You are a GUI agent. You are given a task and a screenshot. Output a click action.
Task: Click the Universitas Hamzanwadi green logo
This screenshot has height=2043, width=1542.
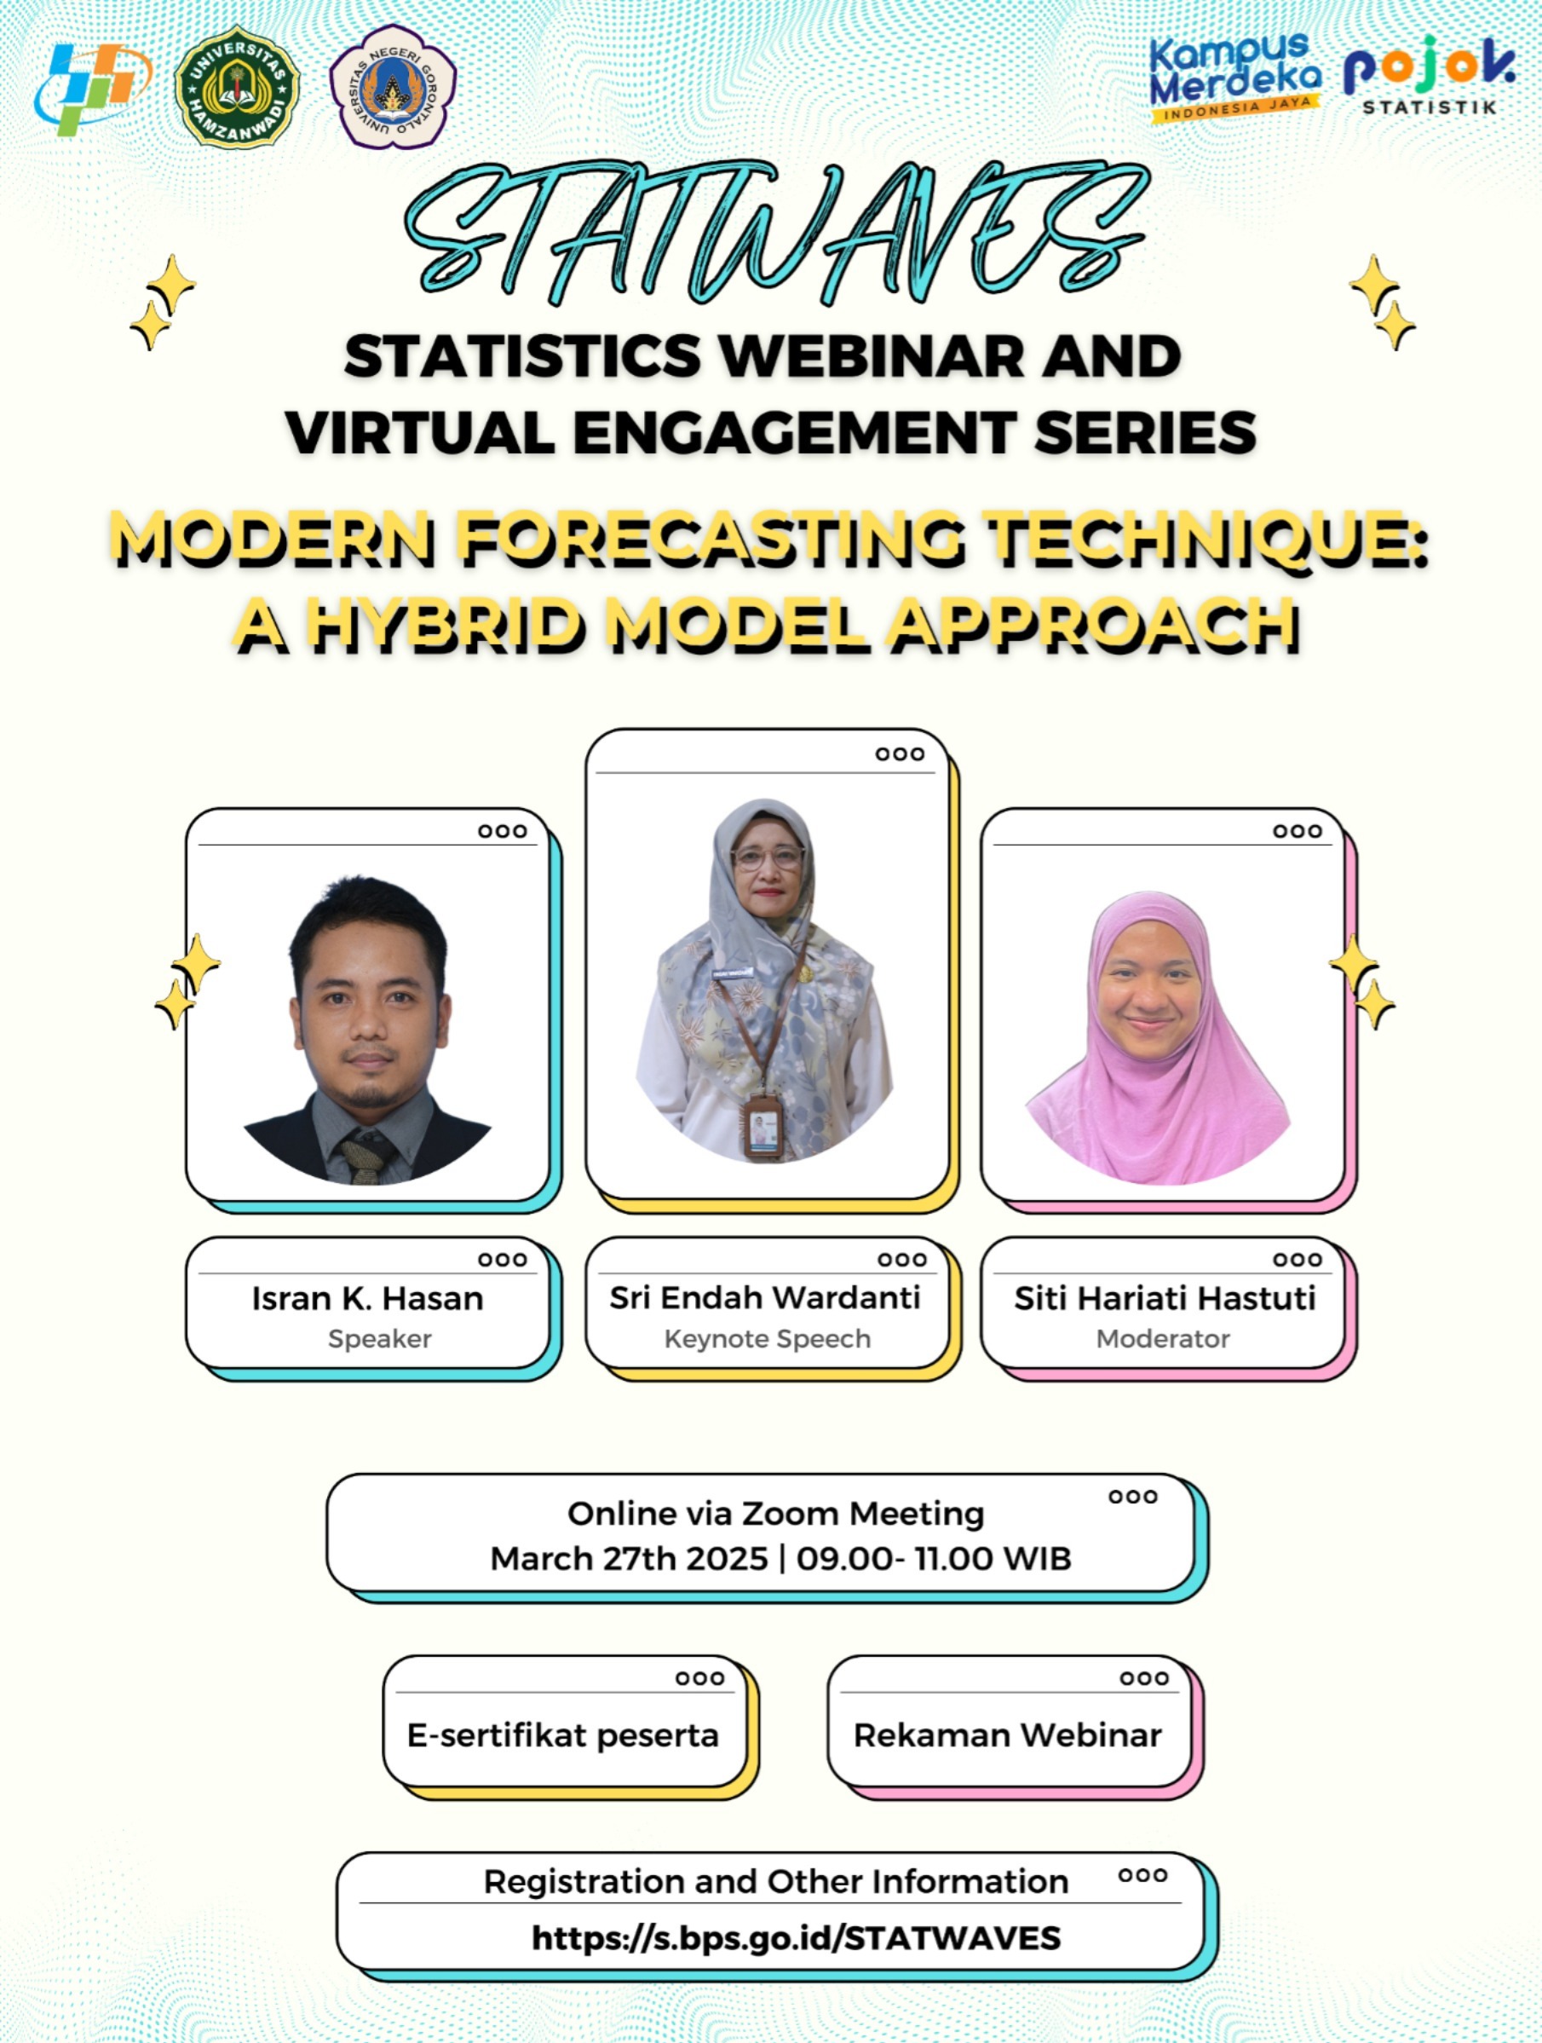coord(238,87)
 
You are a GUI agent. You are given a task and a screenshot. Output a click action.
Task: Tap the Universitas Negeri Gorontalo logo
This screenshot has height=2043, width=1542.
coord(393,86)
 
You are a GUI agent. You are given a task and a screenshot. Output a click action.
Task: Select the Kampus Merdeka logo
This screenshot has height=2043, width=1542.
coord(1235,78)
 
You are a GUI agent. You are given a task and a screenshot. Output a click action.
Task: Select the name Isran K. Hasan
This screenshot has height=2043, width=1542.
coord(367,1299)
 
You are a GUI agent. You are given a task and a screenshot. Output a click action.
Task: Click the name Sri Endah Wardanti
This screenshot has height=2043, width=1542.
coord(765,1298)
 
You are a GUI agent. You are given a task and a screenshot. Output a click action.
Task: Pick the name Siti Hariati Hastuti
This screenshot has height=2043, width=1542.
coord(1165,1299)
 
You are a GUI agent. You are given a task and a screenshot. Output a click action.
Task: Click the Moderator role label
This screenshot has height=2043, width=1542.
coord(1164,1339)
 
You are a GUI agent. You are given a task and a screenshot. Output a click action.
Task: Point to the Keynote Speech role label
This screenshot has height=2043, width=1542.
coord(768,1339)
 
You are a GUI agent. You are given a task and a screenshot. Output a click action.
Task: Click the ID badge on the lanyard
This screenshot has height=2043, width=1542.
coord(762,1127)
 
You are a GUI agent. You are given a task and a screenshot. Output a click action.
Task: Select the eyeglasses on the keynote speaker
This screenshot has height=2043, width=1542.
coord(768,858)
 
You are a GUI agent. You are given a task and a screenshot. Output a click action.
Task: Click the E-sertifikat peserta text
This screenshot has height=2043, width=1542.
coord(562,1735)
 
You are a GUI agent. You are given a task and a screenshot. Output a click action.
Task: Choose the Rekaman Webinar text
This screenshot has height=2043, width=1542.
coord(1007,1735)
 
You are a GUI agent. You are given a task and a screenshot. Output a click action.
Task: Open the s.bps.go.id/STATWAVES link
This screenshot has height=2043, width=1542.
coord(796,1937)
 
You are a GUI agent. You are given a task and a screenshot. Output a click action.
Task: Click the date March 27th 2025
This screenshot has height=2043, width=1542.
coord(629,1559)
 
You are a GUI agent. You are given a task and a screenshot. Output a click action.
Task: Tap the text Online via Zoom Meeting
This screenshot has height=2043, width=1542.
coord(775,1514)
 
